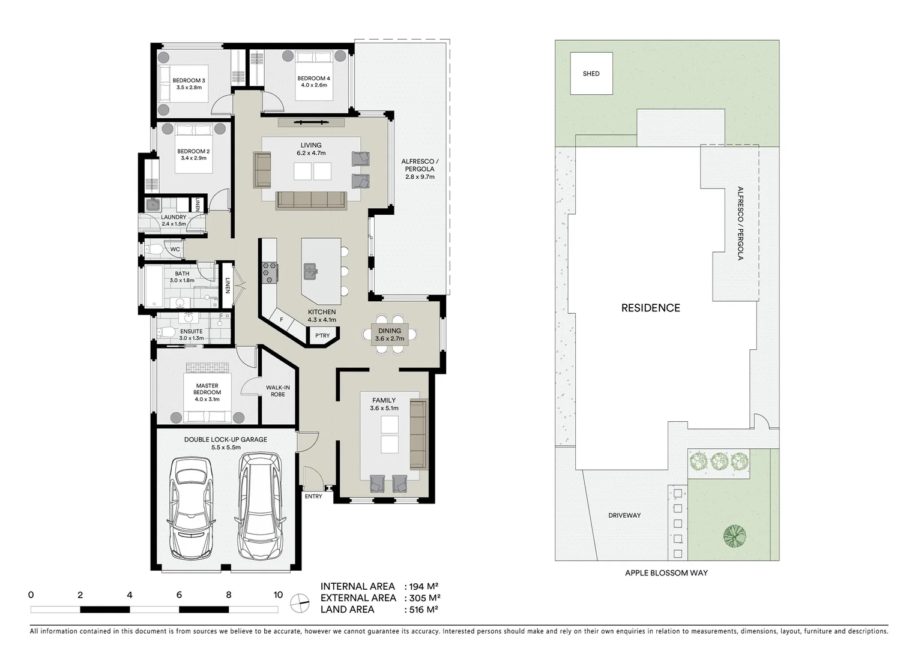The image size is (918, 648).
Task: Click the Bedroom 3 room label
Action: pyautogui.click(x=189, y=80)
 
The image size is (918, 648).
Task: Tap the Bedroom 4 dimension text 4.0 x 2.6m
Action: pyautogui.click(x=313, y=85)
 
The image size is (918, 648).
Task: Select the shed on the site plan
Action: pyautogui.click(x=591, y=74)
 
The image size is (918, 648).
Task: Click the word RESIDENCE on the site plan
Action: pyautogui.click(x=650, y=308)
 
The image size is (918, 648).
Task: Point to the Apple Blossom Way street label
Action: pyautogui.click(x=666, y=573)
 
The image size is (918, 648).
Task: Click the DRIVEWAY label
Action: pyautogui.click(x=624, y=515)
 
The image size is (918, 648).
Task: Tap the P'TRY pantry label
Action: pyautogui.click(x=322, y=335)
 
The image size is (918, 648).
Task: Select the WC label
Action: pyautogui.click(x=175, y=249)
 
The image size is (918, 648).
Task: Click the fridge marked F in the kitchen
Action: pyautogui.click(x=281, y=320)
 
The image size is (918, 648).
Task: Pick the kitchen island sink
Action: pyautogui.click(x=311, y=271)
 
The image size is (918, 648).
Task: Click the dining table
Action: pyautogui.click(x=389, y=334)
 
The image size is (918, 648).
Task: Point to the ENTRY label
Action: pyautogui.click(x=313, y=496)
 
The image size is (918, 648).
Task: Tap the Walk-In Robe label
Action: pyautogui.click(x=278, y=391)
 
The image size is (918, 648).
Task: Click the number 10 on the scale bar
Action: pyautogui.click(x=277, y=595)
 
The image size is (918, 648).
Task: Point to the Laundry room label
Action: pyautogui.click(x=174, y=217)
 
